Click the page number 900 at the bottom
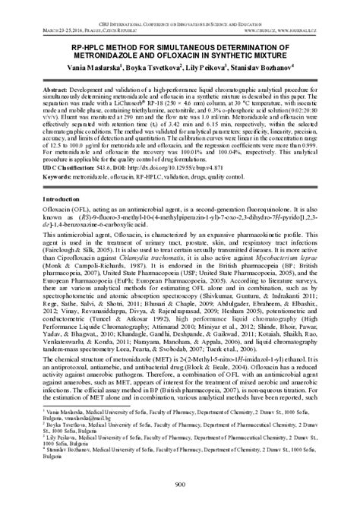(180, 485)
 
